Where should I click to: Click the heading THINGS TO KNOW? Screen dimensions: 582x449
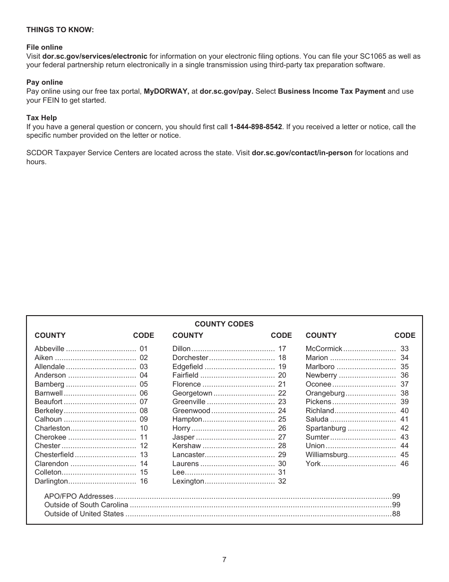point(60,30)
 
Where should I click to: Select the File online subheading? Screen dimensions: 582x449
point(44,47)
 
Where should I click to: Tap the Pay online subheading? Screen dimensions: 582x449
point(44,82)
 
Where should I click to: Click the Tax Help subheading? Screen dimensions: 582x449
point(42,118)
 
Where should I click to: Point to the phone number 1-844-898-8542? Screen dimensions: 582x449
point(256,127)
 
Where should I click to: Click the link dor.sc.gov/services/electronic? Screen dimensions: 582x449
point(95,56)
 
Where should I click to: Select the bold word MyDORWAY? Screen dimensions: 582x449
point(166,91)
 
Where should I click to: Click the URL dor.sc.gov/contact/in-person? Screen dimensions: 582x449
point(302,153)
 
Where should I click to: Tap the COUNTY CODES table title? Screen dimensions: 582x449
point(224,324)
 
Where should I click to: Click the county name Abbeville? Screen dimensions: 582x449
point(49,349)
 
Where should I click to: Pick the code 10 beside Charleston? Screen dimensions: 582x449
point(144,428)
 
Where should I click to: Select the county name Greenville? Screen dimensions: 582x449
point(189,402)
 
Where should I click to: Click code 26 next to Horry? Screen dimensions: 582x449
point(282,428)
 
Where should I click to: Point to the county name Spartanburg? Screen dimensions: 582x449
point(326,428)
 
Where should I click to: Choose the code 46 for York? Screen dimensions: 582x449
point(405,464)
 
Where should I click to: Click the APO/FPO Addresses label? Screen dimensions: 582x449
point(79,496)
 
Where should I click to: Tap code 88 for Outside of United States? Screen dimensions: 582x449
point(396,514)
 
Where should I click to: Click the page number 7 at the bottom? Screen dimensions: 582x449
point(224,560)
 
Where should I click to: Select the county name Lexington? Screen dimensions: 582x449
point(188,481)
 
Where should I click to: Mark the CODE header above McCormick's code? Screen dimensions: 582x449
point(405,335)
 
